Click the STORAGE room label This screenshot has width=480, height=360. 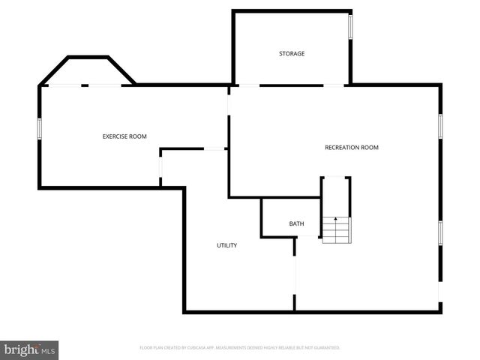[292, 54]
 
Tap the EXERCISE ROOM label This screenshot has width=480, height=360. [124, 136]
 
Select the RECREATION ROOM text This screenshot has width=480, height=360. [352, 148]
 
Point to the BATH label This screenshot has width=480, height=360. [296, 224]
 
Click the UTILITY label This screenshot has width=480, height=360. [227, 245]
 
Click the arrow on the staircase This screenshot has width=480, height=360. [337, 220]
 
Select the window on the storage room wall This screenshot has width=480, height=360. [350, 27]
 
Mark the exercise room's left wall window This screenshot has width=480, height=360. [40, 127]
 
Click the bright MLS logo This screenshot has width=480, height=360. [29, 349]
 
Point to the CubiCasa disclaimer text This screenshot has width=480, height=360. [240, 348]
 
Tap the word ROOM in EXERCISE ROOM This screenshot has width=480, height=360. [137, 136]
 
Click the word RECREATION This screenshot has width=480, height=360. [342, 148]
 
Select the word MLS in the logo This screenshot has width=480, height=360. [49, 350]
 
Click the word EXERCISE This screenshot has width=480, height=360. [115, 136]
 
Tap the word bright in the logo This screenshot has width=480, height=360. [21, 349]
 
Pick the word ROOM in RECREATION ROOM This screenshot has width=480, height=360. [370, 148]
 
